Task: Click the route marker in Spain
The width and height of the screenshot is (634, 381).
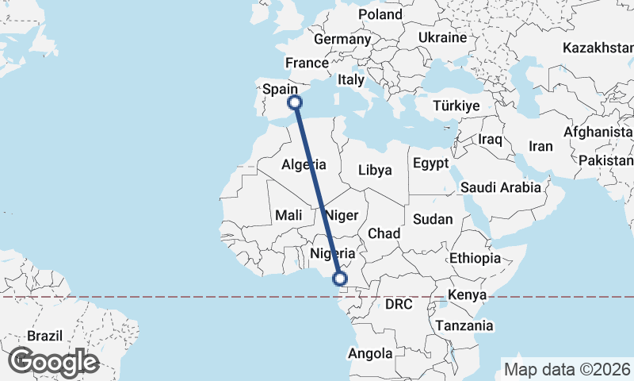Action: point(295,102)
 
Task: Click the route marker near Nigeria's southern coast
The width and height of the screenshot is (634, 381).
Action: point(340,279)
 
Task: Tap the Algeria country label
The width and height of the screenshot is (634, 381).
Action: point(304,165)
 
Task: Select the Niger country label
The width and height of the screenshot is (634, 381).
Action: point(342,215)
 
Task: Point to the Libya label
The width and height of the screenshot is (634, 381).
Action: point(375,170)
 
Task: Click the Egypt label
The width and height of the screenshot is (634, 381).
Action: point(430,163)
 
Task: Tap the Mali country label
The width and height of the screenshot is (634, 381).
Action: point(288,215)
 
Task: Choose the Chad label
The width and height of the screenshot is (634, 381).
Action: point(384,233)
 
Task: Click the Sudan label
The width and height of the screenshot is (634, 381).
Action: point(433,220)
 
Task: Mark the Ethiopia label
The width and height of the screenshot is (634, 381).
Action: point(475,259)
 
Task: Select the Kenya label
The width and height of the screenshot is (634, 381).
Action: point(466,295)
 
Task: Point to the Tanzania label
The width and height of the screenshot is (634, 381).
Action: point(464,325)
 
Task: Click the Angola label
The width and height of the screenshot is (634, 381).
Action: point(371,353)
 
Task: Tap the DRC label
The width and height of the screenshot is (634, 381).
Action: point(400,304)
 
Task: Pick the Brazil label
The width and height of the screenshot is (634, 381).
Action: point(44,336)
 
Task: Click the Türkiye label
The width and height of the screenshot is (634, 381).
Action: point(457,106)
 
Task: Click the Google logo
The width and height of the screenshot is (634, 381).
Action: point(53,362)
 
